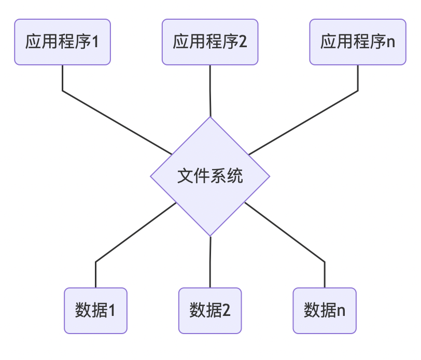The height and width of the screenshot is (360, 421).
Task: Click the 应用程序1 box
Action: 62,42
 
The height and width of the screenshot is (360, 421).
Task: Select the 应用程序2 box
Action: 210,42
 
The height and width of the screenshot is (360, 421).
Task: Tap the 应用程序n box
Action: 358,42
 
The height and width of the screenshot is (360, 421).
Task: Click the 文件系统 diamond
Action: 210,176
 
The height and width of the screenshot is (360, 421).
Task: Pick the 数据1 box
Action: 95,310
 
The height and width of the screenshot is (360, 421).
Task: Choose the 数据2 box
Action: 210,310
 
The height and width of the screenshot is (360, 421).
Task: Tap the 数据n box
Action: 325,310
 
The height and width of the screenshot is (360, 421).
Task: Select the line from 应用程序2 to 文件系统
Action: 210,91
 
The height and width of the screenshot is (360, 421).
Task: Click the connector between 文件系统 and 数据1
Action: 135,233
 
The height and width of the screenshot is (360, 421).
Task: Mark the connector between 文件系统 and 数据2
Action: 210,262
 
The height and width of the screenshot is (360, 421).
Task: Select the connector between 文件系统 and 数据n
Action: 285,233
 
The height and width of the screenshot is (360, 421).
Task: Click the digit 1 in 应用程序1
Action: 95,42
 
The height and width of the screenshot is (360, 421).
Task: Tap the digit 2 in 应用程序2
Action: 243,42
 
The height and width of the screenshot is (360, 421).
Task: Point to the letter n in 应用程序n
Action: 391,43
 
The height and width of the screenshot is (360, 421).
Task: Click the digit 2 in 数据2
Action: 226,311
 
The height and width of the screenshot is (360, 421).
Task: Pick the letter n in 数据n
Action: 341,311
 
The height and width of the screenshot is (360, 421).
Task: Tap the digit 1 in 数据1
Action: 111,311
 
